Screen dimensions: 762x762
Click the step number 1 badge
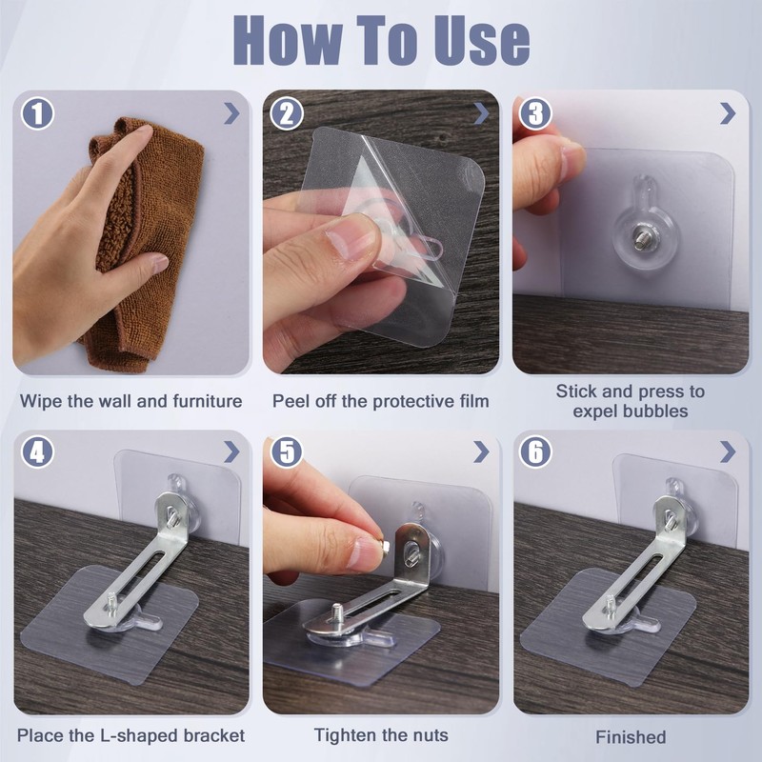point(37,113)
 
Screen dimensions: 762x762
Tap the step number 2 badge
point(287,113)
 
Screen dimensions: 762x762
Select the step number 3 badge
point(535,113)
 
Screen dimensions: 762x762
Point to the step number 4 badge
point(37,451)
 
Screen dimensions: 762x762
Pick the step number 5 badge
point(287,451)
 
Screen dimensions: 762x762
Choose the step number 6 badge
point(535,451)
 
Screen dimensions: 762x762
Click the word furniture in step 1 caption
point(206,401)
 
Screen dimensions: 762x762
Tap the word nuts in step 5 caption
point(431,735)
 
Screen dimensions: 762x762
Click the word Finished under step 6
point(631,737)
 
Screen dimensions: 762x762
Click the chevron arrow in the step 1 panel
point(231,113)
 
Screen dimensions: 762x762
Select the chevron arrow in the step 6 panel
point(728,451)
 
